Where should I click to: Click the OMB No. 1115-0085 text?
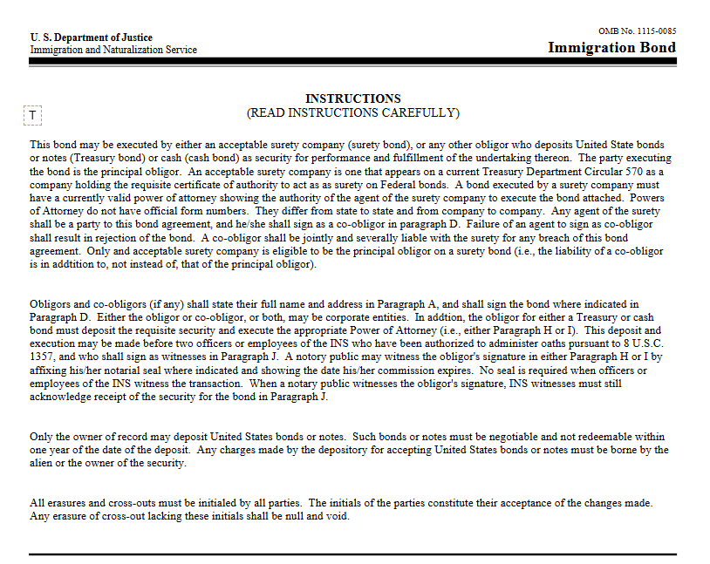637,31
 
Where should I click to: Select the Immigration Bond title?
611,47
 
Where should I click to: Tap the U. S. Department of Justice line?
91,37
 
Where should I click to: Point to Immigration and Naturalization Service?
113,50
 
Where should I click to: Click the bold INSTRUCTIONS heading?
353,99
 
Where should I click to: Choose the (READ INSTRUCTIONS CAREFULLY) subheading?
353,112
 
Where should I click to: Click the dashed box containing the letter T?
32,115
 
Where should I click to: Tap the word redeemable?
593,437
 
